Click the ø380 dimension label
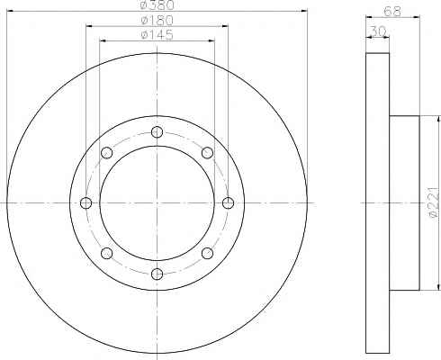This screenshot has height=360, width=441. click(157, 4)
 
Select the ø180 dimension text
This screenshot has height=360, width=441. click(157, 20)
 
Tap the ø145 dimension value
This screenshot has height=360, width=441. click(157, 35)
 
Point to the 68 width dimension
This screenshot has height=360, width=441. click(392, 12)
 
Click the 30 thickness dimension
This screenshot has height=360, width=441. click(378, 31)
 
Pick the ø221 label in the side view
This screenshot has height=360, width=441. click(435, 202)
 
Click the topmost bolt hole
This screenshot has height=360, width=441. click(157, 132)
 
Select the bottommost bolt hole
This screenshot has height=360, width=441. click(157, 274)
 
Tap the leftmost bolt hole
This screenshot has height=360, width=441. click(86, 203)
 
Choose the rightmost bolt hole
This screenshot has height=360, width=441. click(228, 203)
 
